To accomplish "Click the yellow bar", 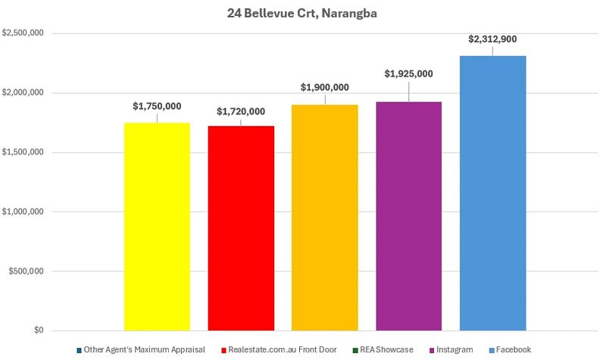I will (x=157, y=227).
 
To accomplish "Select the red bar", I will (x=241, y=228).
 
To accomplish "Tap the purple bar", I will (x=409, y=216).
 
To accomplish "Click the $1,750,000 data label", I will (x=157, y=107).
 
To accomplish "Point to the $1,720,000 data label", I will (x=241, y=111).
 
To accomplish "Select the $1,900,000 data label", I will (x=325, y=88).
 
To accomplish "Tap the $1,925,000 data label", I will (x=409, y=74).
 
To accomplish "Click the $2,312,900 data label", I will (x=492, y=39).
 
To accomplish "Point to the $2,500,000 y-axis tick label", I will (x=23, y=33).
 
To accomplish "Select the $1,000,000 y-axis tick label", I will (x=23, y=212).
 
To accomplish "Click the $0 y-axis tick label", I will (x=38, y=331).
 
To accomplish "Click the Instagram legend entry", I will (x=452, y=349).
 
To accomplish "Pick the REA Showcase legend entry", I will (x=387, y=349).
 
